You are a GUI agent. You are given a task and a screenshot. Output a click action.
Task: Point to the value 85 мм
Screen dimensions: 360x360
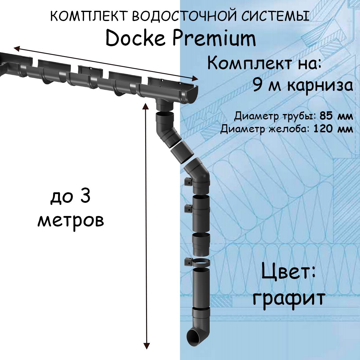click(x=336, y=116)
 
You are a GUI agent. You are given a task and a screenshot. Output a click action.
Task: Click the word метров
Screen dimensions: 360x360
click(x=71, y=220)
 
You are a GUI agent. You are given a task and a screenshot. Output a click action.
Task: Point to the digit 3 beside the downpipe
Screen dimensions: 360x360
click(x=85, y=197)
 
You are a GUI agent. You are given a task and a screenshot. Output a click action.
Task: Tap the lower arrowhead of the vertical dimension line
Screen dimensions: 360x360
click(x=146, y=345)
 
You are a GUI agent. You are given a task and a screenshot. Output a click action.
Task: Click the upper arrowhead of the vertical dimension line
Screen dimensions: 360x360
click(x=146, y=106)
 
